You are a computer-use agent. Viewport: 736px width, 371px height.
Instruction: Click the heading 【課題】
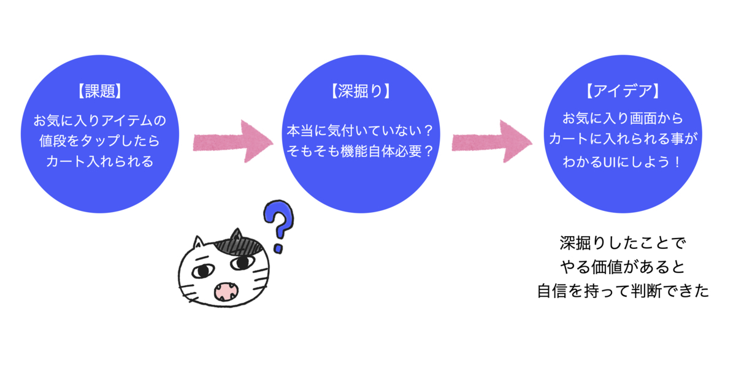pyautogui.click(x=99, y=92)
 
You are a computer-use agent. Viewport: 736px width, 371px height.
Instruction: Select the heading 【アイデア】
pyautogui.click(x=623, y=92)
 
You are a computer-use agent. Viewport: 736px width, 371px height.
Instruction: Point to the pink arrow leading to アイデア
pyautogui.click(x=491, y=142)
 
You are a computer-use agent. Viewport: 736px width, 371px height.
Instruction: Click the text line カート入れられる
pyautogui.click(x=99, y=163)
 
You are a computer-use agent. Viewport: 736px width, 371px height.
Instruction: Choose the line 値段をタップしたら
pyautogui.click(x=99, y=142)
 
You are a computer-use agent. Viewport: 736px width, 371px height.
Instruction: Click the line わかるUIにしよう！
pyautogui.click(x=623, y=163)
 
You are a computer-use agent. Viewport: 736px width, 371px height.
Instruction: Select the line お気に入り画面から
pyautogui.click(x=623, y=118)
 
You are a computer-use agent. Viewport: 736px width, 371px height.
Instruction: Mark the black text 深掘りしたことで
pyautogui.click(x=623, y=243)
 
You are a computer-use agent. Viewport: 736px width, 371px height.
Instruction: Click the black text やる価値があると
pyautogui.click(x=623, y=267)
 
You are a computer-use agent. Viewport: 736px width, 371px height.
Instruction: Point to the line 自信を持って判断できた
pyautogui.click(x=623, y=291)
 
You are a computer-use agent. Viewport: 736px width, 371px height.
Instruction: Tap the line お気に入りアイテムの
pyautogui.click(x=99, y=120)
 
